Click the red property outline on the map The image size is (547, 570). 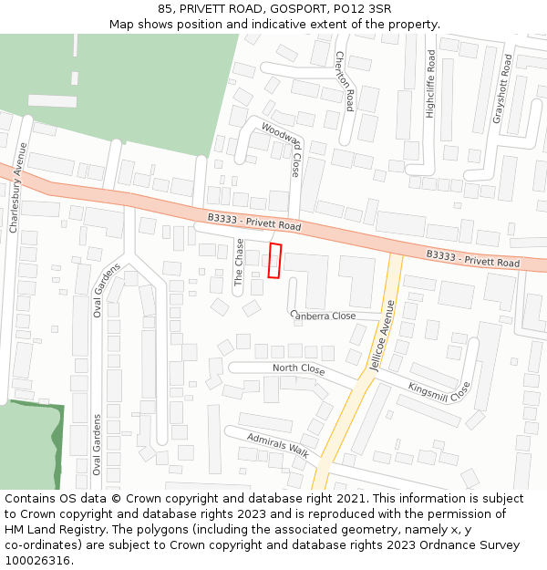(x=275, y=261)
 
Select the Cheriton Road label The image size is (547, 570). (x=344, y=80)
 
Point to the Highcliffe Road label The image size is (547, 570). (x=431, y=84)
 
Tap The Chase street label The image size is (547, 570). (x=240, y=264)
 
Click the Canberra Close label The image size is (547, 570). (x=324, y=316)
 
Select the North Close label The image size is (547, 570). (x=298, y=369)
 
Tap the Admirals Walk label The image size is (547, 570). (x=278, y=445)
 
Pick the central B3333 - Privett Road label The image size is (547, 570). (x=253, y=222)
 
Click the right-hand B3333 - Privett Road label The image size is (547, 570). (x=472, y=259)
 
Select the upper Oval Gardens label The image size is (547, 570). (x=108, y=289)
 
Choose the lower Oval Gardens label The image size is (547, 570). (x=96, y=444)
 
